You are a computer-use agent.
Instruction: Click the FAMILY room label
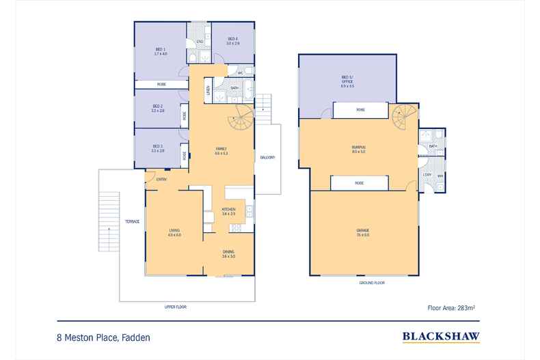click(x=221, y=150)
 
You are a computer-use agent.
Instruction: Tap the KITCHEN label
click(x=228, y=210)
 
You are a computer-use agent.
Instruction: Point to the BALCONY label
click(x=267, y=158)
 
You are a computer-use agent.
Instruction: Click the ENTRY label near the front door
click(x=161, y=179)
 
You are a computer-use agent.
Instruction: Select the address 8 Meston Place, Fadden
click(x=103, y=337)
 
